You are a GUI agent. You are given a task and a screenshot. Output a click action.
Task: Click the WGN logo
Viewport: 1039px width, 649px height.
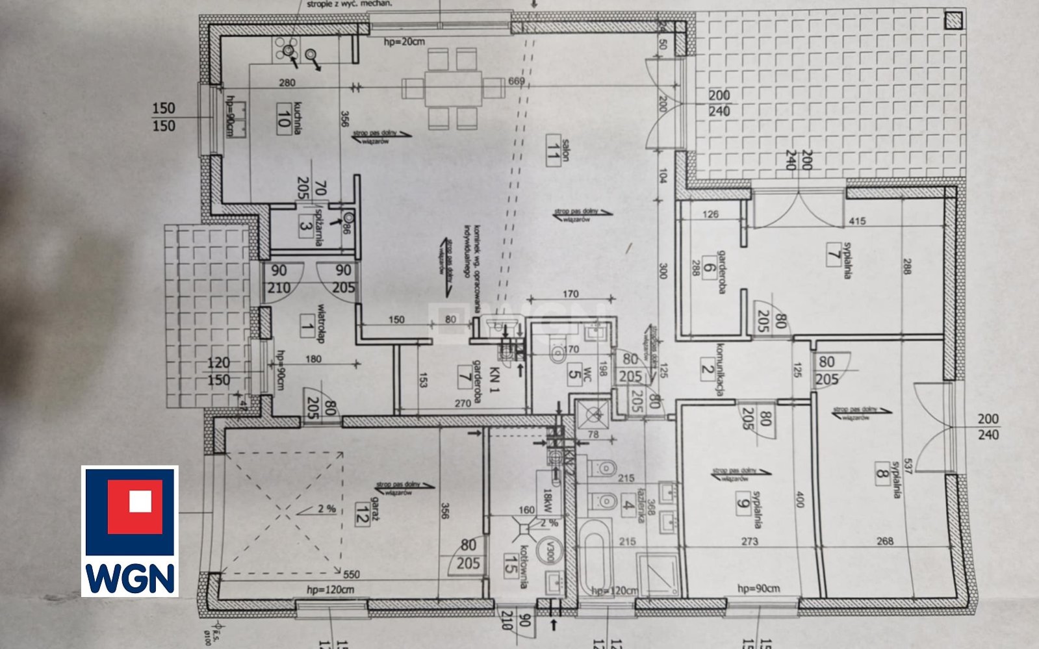click(129, 531)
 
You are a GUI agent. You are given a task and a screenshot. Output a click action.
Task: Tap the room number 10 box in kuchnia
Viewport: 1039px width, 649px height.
click(283, 118)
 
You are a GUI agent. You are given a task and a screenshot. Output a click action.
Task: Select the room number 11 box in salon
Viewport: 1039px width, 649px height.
click(554, 150)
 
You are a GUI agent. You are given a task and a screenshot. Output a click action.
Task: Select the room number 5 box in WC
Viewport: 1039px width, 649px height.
click(573, 374)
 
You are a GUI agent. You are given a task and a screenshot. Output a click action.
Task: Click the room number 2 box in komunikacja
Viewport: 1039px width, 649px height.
click(708, 368)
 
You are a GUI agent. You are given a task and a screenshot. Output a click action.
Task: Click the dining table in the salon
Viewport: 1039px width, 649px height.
click(453, 88)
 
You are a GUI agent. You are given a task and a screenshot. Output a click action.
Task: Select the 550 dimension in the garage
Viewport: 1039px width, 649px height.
click(351, 575)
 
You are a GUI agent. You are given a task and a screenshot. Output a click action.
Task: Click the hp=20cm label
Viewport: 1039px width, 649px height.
click(404, 42)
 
